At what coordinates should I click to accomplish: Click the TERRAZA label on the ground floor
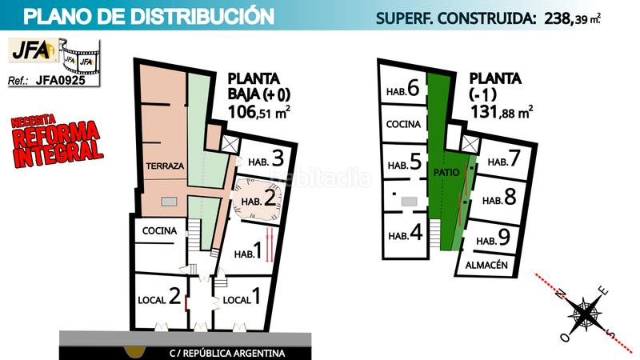166,166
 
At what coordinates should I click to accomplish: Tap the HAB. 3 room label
262,157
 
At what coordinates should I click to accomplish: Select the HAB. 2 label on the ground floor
258,198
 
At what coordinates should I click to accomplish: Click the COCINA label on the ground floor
160,230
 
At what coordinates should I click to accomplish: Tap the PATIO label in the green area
445,172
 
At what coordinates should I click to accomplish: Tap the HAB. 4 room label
405,234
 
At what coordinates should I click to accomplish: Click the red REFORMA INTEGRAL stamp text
57,142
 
